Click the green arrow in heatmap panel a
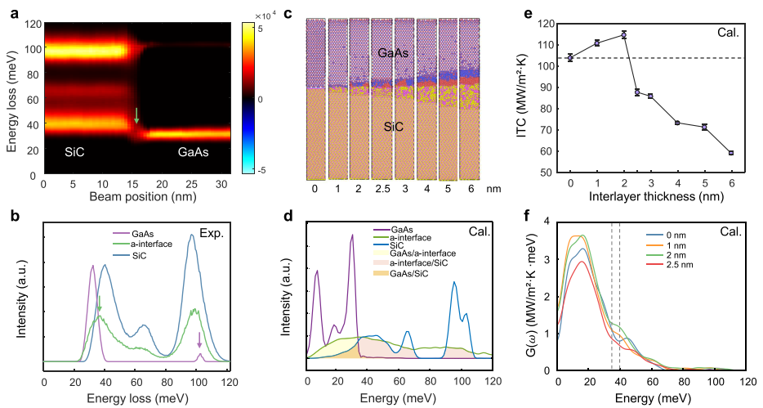136,115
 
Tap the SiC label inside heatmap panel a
74,152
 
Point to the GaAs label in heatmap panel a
193,152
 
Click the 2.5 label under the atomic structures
382,188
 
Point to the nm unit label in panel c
493,188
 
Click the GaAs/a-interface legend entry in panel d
413,253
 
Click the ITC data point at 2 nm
624,35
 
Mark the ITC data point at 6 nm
731,153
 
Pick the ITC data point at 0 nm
570,58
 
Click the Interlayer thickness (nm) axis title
657,197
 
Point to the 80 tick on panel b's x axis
167,382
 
